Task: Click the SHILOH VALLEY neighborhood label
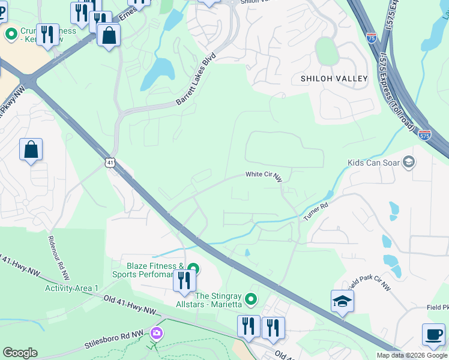coord(334,79)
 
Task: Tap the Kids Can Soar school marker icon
coord(409,162)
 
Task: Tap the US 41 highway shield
coord(109,163)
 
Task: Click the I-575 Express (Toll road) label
coord(397,90)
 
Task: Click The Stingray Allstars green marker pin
coord(252,298)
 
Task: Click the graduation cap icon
coord(342,301)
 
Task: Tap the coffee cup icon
coord(433,334)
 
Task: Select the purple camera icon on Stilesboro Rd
coord(157,332)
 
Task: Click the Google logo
coord(20,353)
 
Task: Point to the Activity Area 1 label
coord(71,289)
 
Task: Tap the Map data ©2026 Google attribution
coord(412,355)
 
